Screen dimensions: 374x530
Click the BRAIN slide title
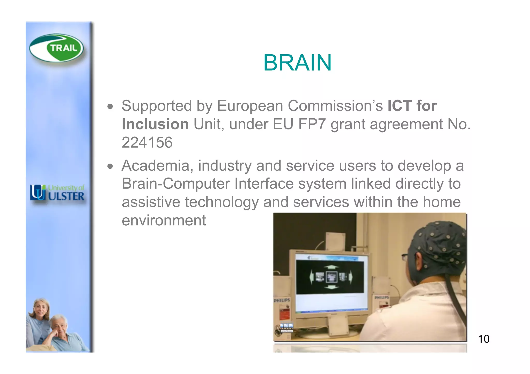point(297,63)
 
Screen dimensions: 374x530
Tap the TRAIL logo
point(56,48)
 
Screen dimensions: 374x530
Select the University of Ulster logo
point(57,193)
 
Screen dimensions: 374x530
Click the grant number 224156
point(147,142)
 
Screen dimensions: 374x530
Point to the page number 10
point(483,339)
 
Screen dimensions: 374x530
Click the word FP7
point(312,124)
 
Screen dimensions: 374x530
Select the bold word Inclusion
point(155,124)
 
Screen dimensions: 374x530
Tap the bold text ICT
point(399,106)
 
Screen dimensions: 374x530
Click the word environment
point(164,220)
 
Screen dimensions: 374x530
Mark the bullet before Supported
point(111,106)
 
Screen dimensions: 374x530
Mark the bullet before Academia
point(111,166)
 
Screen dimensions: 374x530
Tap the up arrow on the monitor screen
point(331,267)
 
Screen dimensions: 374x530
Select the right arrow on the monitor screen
point(350,277)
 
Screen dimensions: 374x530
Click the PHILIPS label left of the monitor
point(282,300)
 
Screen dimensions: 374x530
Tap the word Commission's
point(335,106)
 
